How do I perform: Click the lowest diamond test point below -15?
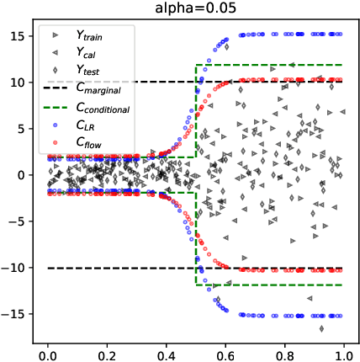[x=321, y=328]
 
